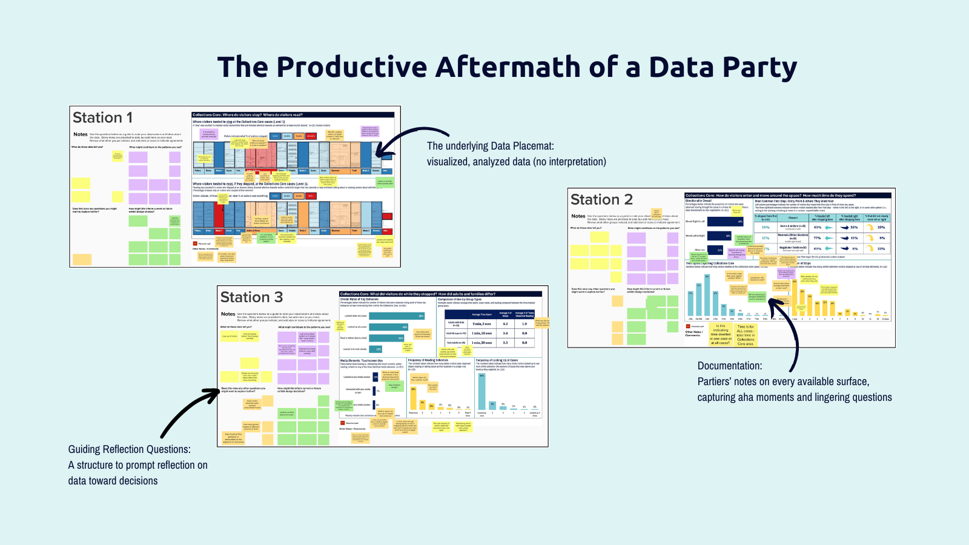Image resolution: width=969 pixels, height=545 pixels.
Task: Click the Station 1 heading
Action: (x=102, y=117)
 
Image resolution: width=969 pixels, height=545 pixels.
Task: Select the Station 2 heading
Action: (x=601, y=200)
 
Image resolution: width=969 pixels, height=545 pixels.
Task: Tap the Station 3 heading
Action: (x=251, y=297)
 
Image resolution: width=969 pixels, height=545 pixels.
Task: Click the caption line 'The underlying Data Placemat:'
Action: (x=490, y=146)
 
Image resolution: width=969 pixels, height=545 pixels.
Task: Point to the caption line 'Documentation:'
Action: (x=730, y=366)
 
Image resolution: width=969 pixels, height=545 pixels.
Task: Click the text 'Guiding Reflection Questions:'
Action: (x=129, y=449)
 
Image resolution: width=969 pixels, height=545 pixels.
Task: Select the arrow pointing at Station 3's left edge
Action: (x=188, y=412)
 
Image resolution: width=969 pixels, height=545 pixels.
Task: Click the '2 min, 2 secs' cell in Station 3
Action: (x=482, y=324)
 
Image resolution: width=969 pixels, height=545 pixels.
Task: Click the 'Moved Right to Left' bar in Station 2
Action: (x=726, y=222)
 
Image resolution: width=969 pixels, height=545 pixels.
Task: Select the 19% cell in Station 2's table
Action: (x=766, y=227)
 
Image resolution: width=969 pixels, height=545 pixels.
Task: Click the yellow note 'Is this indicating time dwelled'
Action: (x=721, y=334)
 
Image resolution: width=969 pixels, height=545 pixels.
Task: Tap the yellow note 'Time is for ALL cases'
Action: (x=746, y=335)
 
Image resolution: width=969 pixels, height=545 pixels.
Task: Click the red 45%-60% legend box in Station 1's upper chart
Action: (x=311, y=136)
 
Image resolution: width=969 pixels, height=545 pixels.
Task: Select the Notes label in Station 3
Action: (x=228, y=314)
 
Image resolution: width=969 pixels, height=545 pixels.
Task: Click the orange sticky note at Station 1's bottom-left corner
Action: (x=82, y=259)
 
